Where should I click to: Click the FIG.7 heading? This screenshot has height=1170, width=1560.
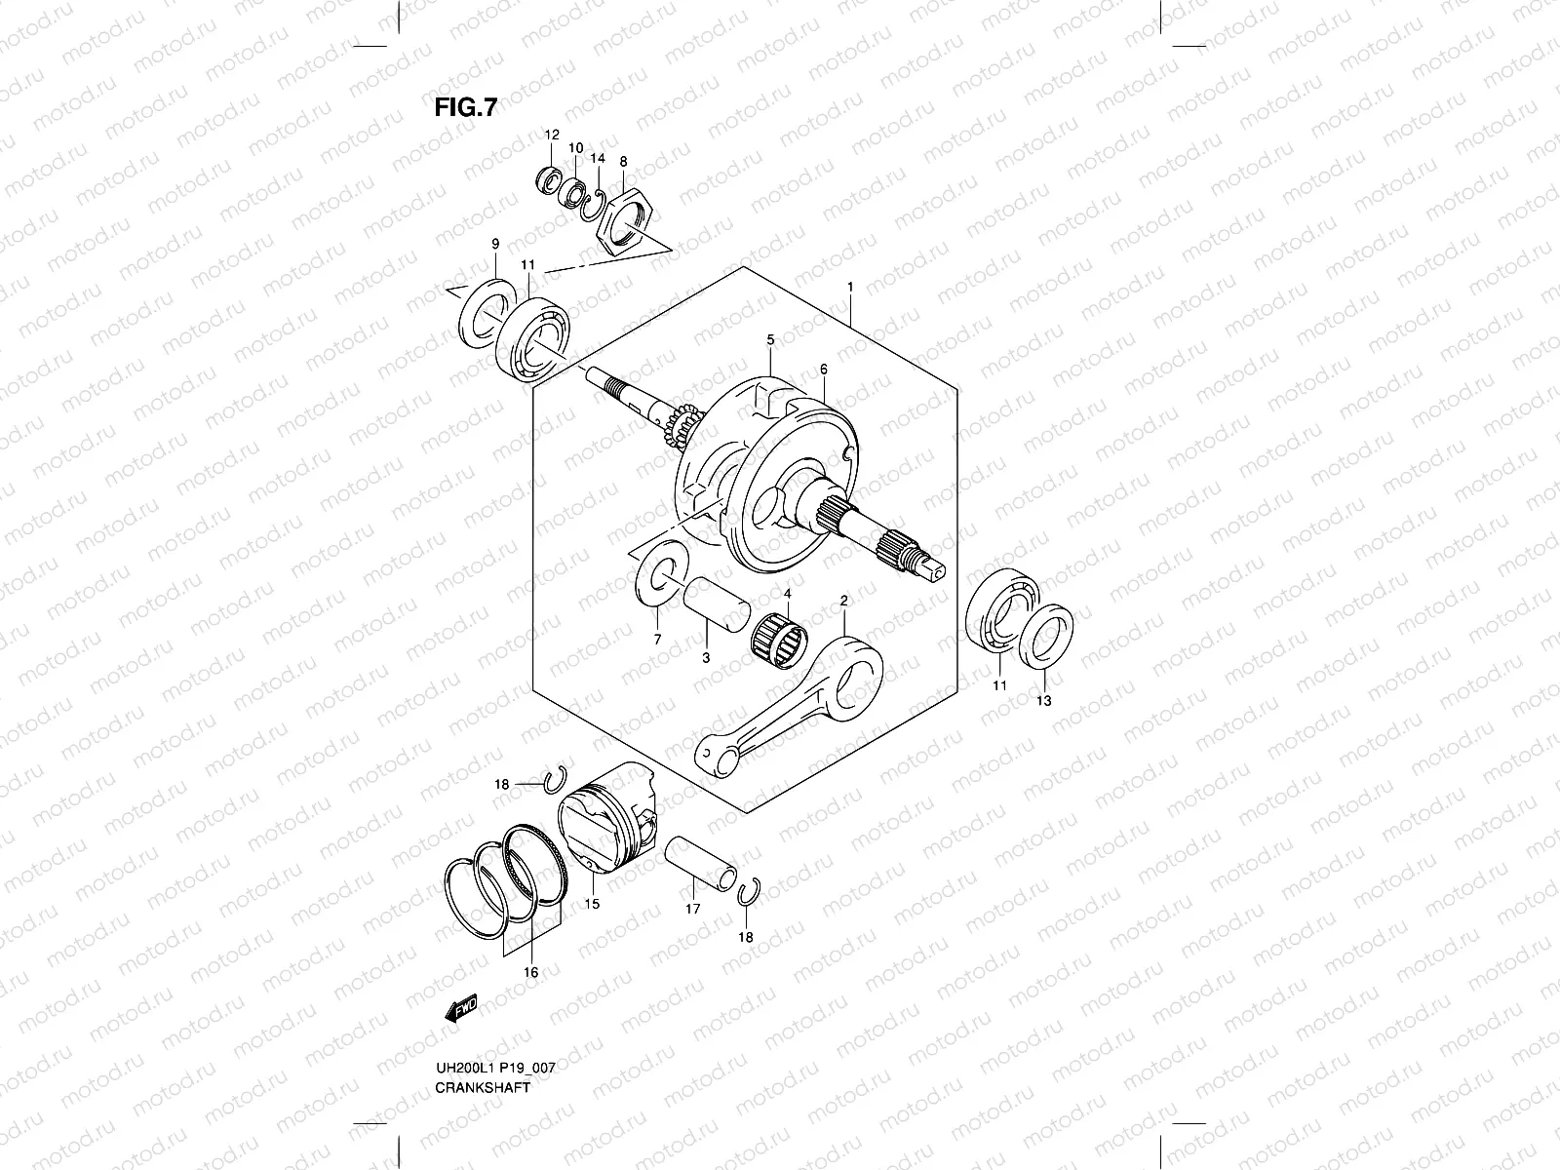pos(465,107)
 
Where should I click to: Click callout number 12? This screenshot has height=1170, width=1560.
pos(551,135)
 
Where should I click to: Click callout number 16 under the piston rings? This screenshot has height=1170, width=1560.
pos(531,971)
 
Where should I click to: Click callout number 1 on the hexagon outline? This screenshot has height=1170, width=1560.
pos(850,287)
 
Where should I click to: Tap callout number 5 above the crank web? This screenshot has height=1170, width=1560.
pos(770,339)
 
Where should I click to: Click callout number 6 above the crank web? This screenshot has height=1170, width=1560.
pos(824,370)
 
